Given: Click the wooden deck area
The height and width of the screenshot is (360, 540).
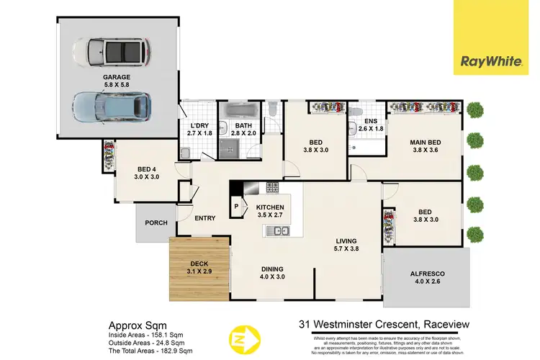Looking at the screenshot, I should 199,269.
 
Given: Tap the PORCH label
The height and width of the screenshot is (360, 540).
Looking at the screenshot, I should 156,222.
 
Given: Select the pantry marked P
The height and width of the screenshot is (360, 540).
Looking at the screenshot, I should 236,206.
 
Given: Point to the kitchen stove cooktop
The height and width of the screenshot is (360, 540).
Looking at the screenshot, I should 274,187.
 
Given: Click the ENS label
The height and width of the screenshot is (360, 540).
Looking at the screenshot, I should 371,122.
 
